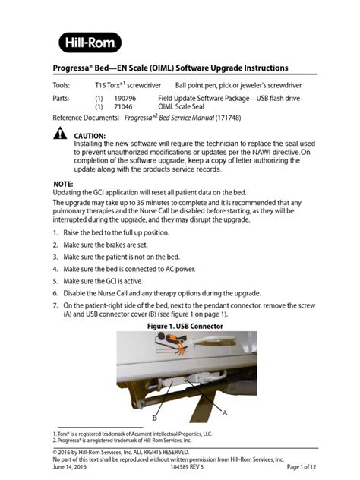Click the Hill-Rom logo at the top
(x=90, y=43)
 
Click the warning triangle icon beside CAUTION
(x=60, y=135)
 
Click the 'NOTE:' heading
(x=64, y=185)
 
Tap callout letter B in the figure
(x=155, y=417)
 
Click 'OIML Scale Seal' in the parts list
(x=186, y=108)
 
